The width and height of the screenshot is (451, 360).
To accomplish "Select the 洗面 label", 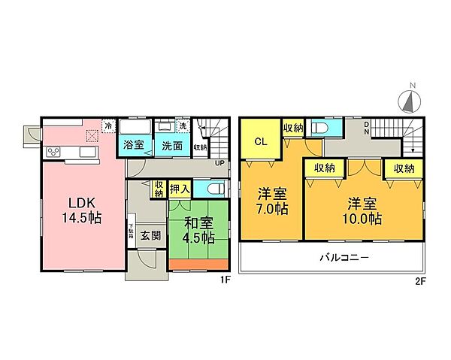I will point(172,147).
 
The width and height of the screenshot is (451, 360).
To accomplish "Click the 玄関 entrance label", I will point(150,235).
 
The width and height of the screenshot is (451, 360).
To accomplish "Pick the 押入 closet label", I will point(179,188).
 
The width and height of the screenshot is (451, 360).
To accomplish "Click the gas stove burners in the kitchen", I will point(55,153).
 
